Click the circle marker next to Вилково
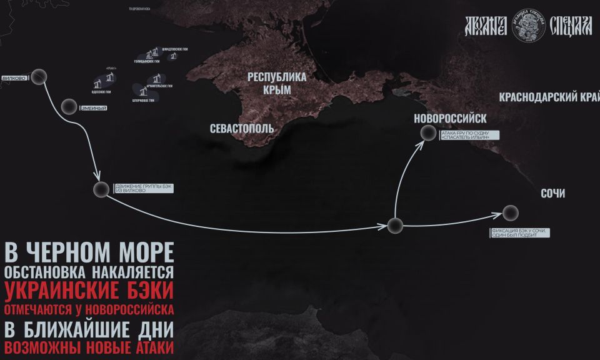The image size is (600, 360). click(x=40, y=76)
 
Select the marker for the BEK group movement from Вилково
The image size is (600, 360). click(x=101, y=190)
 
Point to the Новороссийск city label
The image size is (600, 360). click(x=450, y=118)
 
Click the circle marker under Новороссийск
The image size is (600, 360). click(x=428, y=132)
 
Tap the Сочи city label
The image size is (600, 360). click(x=552, y=194)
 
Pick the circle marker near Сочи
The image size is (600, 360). click(x=511, y=212)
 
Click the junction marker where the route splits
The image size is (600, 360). click(x=394, y=226)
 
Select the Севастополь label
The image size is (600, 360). click(x=242, y=127)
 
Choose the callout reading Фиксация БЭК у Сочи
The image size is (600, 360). click(x=520, y=233)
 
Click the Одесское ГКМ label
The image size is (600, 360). click(x=101, y=91)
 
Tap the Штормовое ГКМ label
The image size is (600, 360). click(x=144, y=100)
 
